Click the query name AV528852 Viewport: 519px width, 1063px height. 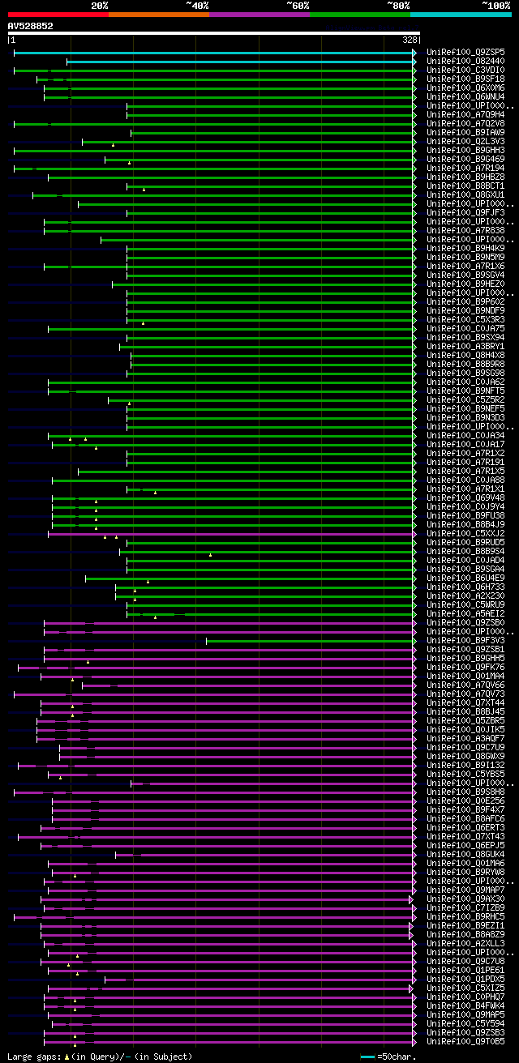(x=30, y=26)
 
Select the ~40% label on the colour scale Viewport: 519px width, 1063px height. (x=197, y=5)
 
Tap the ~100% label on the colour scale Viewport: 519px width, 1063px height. (x=495, y=5)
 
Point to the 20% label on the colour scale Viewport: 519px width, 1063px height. (x=100, y=5)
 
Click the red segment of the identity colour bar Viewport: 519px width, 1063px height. (x=58, y=14)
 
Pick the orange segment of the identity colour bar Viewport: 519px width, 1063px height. (x=158, y=14)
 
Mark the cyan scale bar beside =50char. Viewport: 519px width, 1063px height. (x=367, y=1057)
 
